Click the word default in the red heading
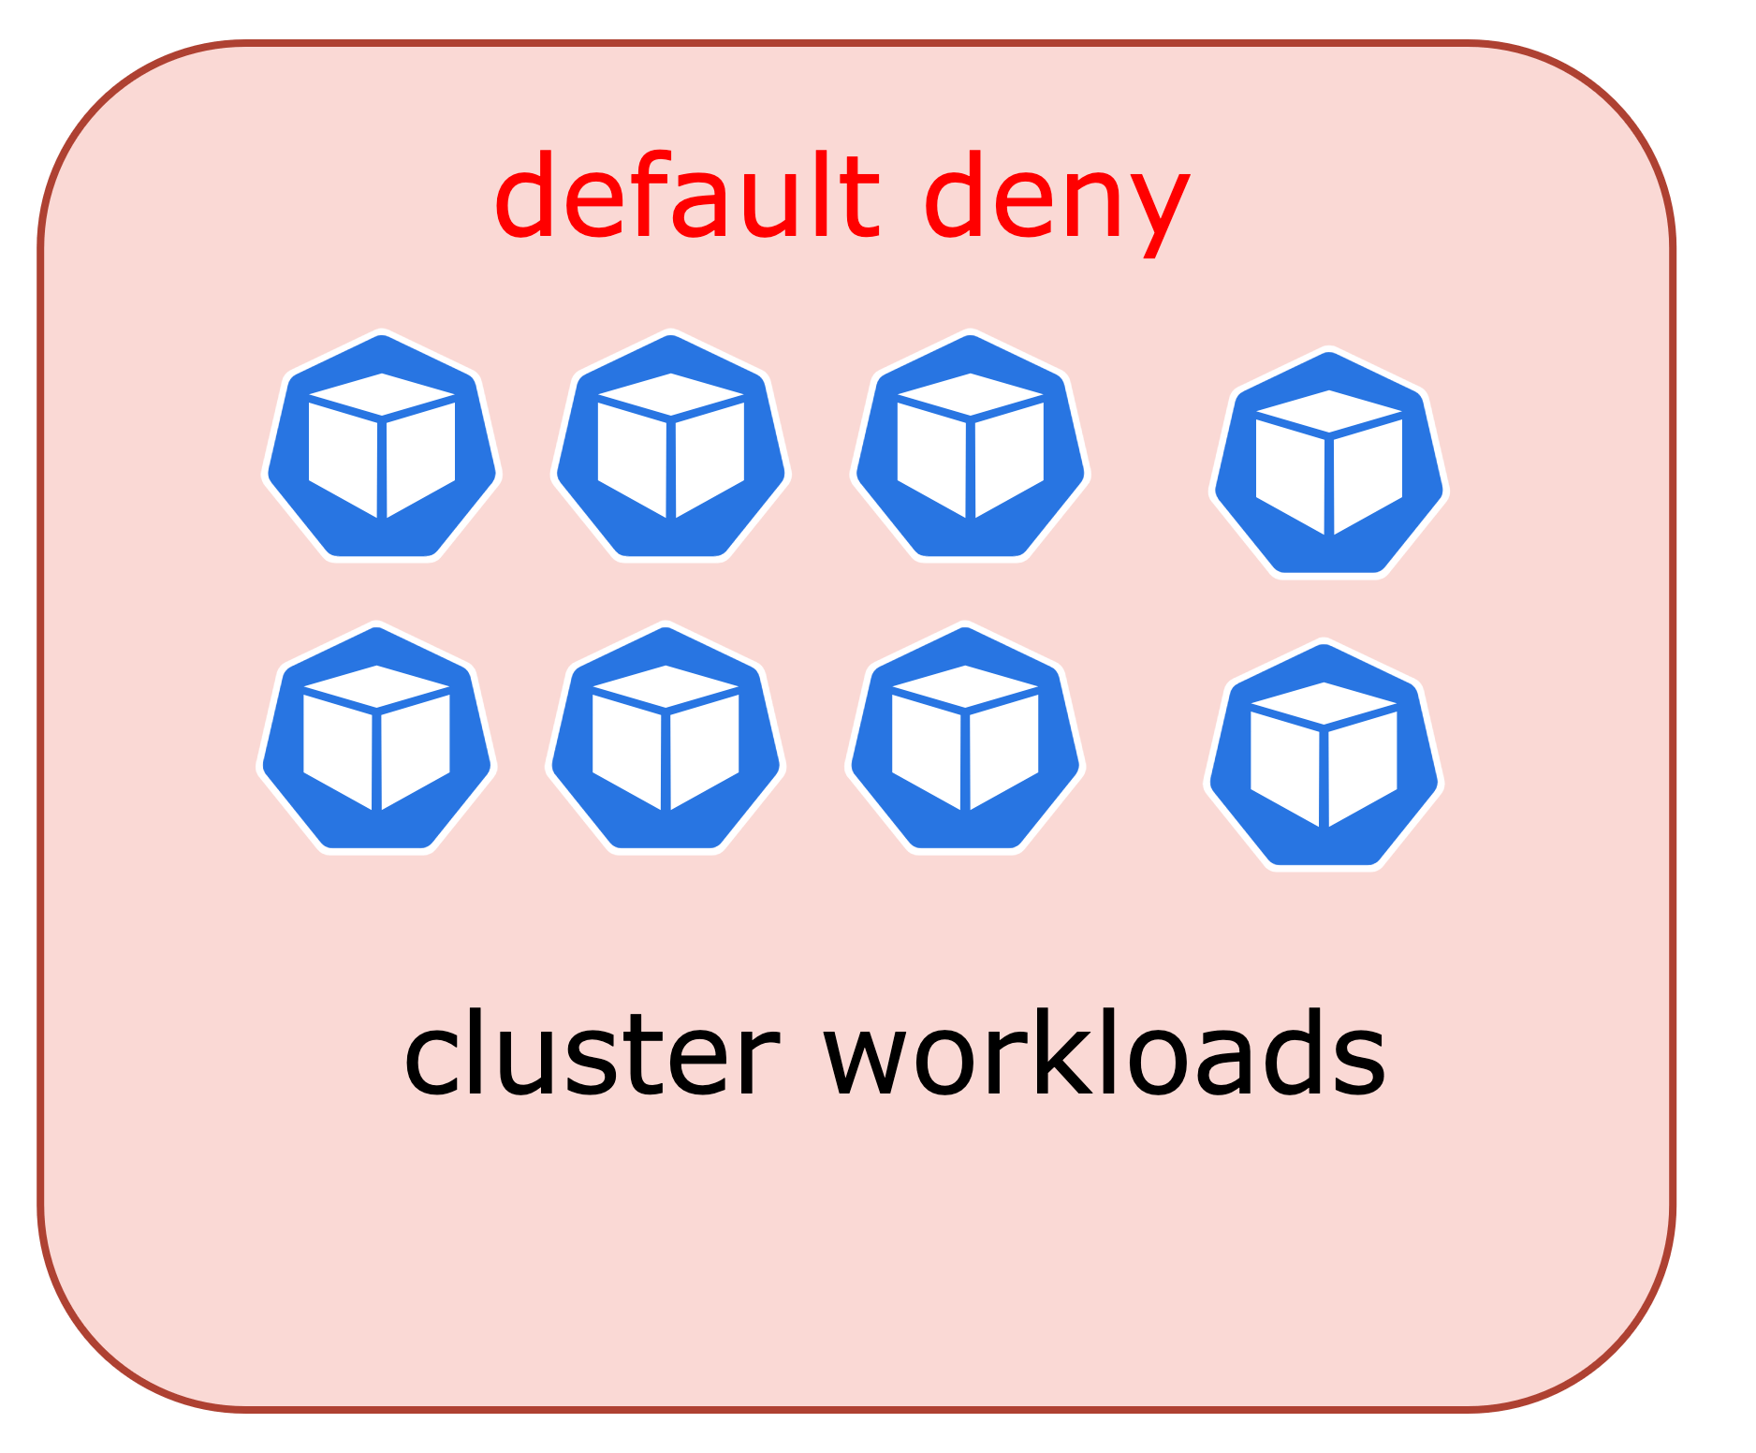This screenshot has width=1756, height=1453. tap(686, 196)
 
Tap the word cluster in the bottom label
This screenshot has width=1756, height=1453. tap(591, 1052)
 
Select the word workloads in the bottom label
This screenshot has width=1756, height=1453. tap(1105, 1052)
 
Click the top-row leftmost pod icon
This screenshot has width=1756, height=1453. tap(382, 447)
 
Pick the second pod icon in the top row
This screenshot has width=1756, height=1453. tap(671, 447)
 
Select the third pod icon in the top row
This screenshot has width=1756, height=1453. tap(971, 447)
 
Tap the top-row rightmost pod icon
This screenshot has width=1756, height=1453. tap(1329, 463)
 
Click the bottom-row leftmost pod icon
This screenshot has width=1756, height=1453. tap(376, 739)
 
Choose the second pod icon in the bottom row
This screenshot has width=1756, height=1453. tap(666, 739)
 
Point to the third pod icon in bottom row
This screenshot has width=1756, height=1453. tap(965, 739)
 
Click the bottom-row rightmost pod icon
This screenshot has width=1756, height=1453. tap(1324, 756)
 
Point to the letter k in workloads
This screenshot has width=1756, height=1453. tap(1067, 1052)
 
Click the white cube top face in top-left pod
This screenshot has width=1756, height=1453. tap(382, 394)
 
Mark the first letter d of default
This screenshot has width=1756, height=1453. tap(525, 196)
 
